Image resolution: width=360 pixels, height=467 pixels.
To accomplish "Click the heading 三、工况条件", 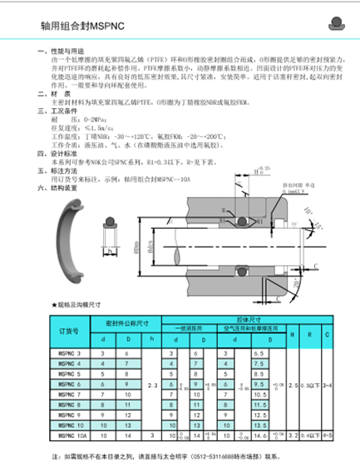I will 51,110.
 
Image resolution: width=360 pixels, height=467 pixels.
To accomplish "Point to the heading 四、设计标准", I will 51,153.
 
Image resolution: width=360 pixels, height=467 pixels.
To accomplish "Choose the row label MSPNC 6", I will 69,384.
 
